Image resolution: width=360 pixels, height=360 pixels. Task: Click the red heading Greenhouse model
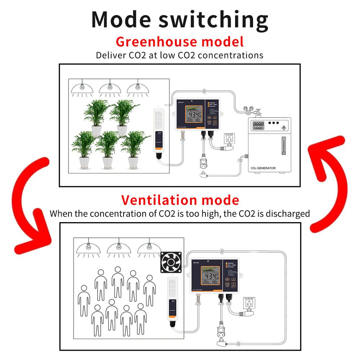coord(180,42)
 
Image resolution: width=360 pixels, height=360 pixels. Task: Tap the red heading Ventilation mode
coord(180,200)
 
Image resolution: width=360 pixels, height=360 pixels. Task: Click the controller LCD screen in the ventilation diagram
coord(209,277)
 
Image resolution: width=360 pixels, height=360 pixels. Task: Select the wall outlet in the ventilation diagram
coord(249,304)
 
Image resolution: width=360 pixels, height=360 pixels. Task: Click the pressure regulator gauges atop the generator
coord(248,109)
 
